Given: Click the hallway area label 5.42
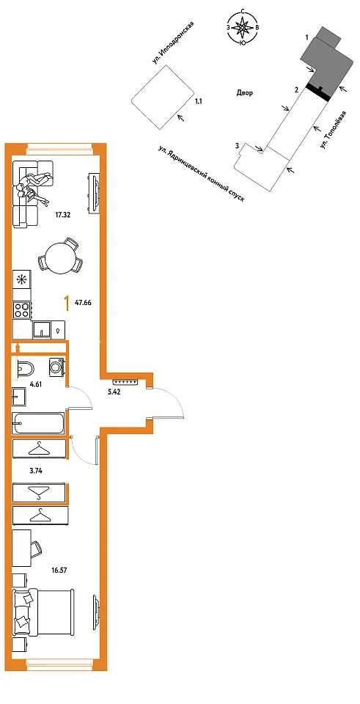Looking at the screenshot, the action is tap(115, 391).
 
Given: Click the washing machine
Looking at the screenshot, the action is tap(57, 367).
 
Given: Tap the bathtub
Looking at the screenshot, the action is tap(38, 423).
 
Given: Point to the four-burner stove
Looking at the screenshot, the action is tap(22, 309).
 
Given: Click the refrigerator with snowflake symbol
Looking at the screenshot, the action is tap(22, 279).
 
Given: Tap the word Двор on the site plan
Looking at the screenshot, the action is tap(245, 93).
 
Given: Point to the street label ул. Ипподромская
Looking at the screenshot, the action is tap(175, 43).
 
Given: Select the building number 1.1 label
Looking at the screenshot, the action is tap(199, 102).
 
